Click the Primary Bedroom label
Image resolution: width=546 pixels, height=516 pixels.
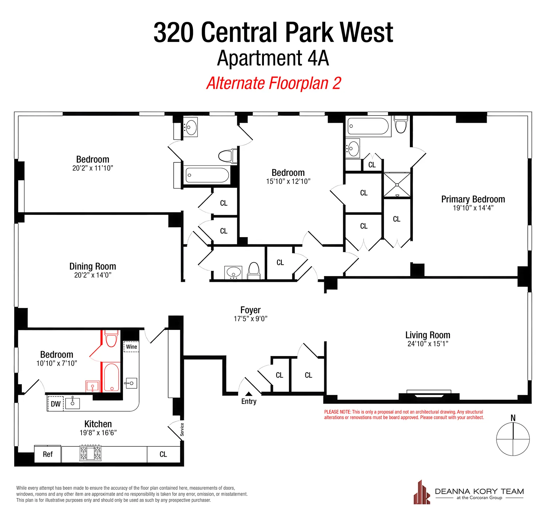click(x=473, y=199)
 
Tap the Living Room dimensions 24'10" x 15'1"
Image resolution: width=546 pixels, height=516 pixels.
click(x=428, y=344)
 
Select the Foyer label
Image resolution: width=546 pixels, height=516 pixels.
click(x=250, y=310)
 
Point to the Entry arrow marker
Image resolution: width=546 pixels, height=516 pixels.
click(x=249, y=394)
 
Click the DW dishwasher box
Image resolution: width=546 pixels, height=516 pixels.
click(x=56, y=404)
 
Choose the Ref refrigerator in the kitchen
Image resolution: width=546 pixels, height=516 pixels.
click(x=48, y=454)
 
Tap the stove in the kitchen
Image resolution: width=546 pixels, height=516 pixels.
click(x=90, y=453)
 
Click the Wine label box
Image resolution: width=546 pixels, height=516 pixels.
click(x=131, y=347)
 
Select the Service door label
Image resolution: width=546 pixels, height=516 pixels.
click(x=182, y=429)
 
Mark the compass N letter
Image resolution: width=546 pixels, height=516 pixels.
click(x=513, y=418)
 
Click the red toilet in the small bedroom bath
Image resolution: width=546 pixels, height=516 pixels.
click(x=111, y=338)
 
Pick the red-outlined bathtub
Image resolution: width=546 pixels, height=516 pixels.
click(x=111, y=378)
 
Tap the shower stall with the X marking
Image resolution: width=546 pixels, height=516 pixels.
click(x=397, y=185)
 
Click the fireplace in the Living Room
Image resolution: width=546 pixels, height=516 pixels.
click(x=429, y=395)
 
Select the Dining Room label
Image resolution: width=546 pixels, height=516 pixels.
click(x=92, y=266)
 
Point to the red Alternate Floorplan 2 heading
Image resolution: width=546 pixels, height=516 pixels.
click(x=273, y=83)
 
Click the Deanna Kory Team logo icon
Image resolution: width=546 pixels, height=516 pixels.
click(x=422, y=493)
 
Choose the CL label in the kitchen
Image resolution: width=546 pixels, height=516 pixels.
click(x=163, y=454)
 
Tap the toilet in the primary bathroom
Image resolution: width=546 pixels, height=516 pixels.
click(x=401, y=125)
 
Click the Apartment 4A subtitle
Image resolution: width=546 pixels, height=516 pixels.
click(x=273, y=58)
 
